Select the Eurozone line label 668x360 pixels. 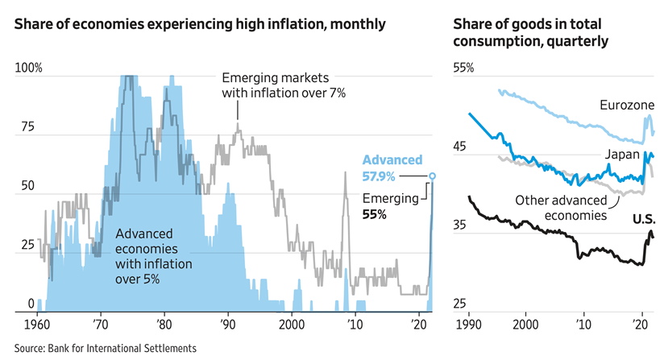(625, 105)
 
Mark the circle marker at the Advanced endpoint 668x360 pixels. (433, 175)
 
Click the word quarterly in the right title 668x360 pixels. (575, 39)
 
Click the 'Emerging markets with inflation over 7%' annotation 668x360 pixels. (283, 85)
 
